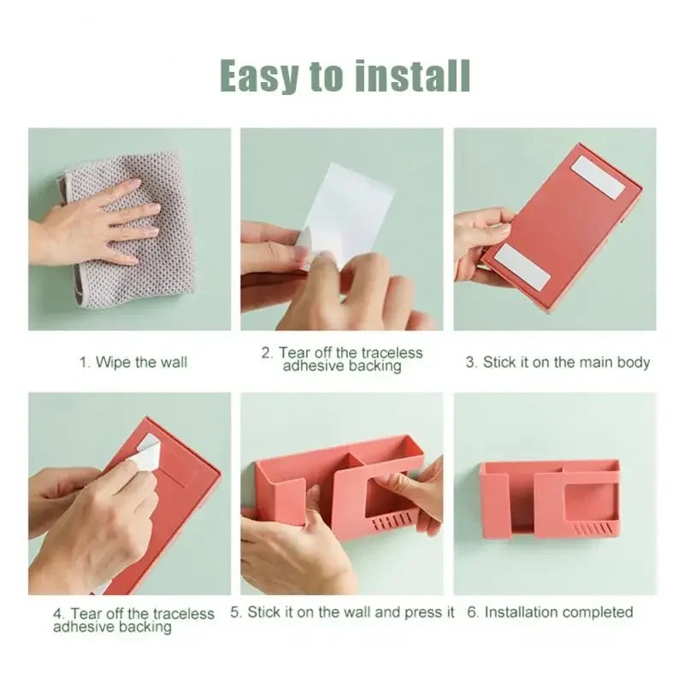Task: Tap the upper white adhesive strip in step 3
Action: click(598, 177)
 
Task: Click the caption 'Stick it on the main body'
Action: click(566, 363)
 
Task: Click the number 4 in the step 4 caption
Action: click(58, 614)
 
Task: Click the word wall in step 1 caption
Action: click(174, 363)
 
